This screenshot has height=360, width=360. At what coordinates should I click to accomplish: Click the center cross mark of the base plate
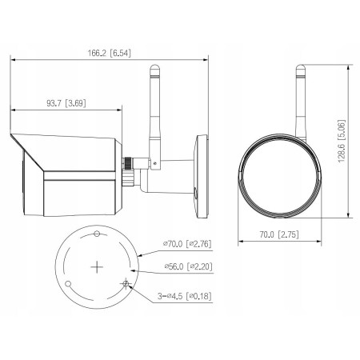[x=96, y=266]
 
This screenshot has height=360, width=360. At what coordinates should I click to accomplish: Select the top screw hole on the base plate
[x=97, y=234]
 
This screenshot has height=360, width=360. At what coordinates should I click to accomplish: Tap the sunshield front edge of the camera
[x=16, y=142]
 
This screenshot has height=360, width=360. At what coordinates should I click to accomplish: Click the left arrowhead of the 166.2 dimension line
[x=12, y=58]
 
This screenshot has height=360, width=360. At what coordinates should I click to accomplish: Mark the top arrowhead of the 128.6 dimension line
[x=350, y=70]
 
